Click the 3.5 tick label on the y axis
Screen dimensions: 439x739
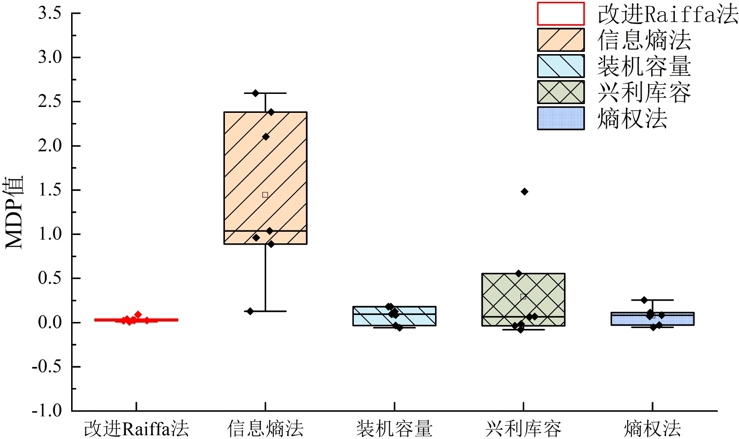coord(49,13)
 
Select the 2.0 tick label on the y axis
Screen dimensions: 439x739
coord(49,146)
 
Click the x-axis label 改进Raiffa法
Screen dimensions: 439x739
coord(136,428)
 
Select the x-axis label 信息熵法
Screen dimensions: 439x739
coord(265,428)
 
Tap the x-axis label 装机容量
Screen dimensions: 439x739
coord(394,428)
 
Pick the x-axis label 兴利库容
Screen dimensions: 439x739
coord(523,428)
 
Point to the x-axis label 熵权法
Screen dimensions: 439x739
coord(652,428)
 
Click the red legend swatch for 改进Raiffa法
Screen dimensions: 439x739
coord(561,14)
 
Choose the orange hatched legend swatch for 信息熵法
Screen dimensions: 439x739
coord(561,40)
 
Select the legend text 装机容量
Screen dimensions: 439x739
coord(644,66)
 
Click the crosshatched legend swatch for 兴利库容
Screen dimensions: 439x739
coord(561,92)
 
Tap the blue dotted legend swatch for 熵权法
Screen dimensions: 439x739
coord(561,118)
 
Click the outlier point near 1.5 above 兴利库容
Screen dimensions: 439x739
coord(524,192)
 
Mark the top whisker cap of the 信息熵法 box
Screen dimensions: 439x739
coord(265,93)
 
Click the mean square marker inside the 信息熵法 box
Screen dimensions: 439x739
coord(265,195)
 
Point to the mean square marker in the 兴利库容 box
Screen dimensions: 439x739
coord(523,297)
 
